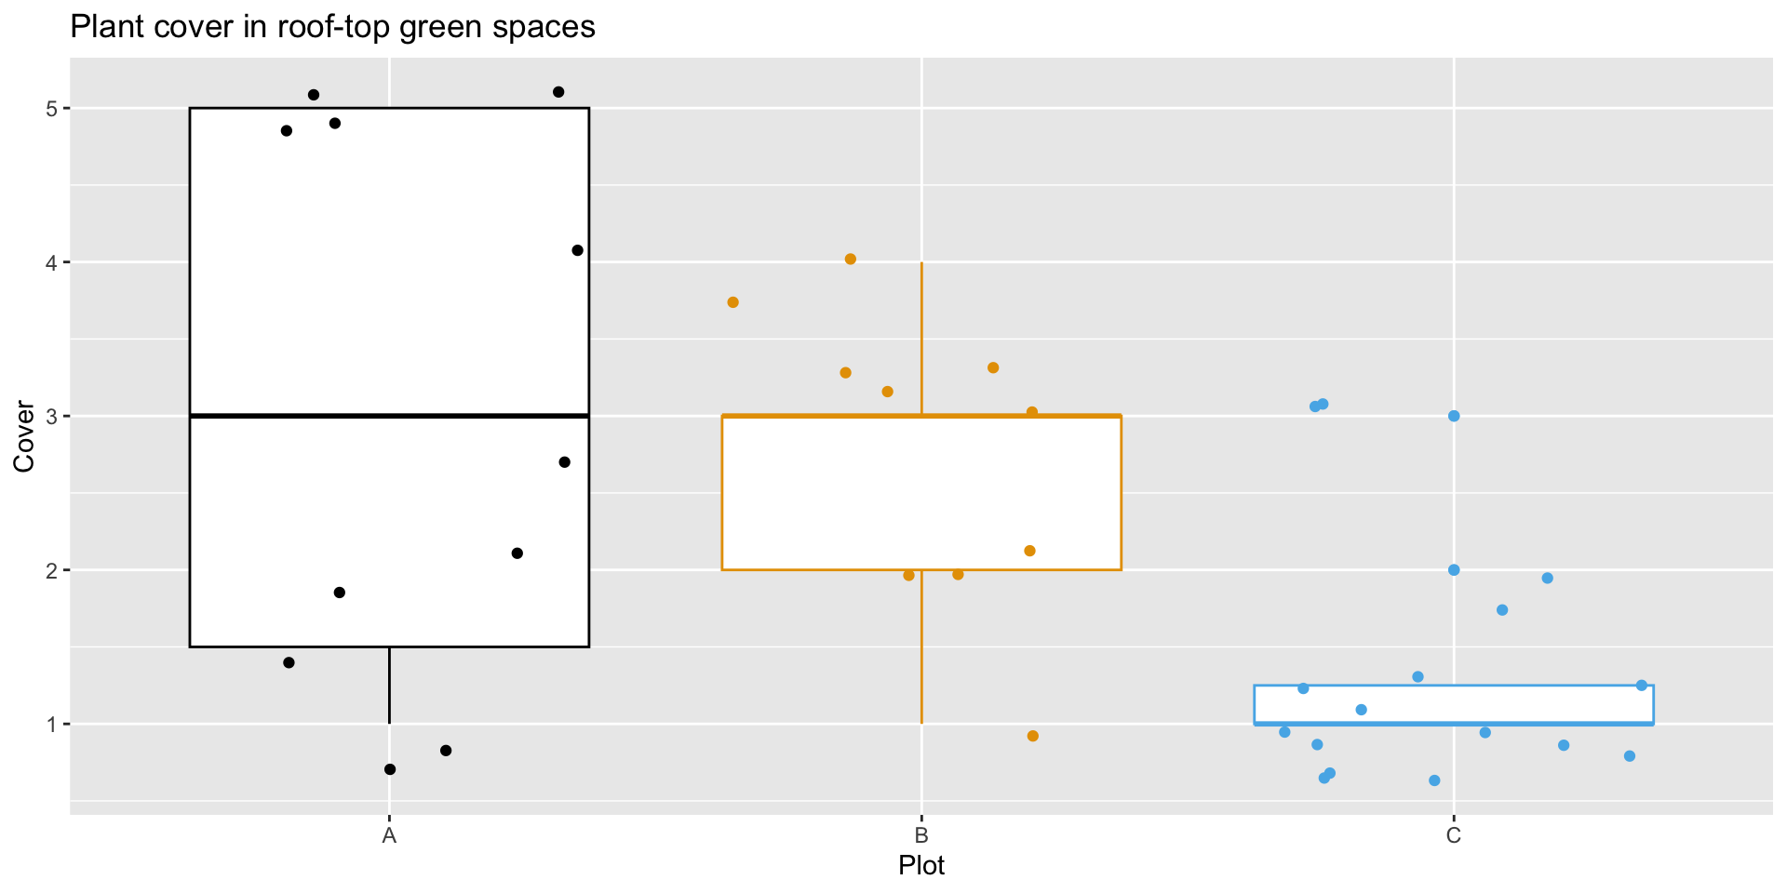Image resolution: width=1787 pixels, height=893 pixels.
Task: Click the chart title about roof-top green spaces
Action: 332,27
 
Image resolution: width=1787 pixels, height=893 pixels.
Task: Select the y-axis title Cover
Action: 24,436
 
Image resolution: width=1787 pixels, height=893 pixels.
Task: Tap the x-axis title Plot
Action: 921,866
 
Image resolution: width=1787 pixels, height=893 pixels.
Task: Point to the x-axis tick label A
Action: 389,835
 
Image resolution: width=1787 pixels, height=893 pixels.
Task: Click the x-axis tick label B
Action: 921,835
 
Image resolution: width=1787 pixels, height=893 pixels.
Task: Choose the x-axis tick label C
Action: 1454,835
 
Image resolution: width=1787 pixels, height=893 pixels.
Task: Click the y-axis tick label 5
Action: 52,109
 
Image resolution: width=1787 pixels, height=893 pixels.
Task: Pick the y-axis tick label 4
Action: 52,262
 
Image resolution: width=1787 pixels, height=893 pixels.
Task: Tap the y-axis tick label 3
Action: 52,416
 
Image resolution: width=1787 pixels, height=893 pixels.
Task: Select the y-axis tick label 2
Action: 52,570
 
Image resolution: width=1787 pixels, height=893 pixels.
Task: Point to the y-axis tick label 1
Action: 52,724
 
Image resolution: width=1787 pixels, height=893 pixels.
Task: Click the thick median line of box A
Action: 389,416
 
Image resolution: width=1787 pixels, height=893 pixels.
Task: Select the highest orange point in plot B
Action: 850,259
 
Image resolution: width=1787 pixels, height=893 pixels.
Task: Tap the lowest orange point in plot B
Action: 1032,736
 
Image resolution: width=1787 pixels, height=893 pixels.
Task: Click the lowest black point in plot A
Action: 390,769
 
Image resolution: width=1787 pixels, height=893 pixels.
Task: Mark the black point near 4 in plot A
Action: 577,250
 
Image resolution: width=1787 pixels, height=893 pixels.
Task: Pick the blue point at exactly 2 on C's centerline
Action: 1454,570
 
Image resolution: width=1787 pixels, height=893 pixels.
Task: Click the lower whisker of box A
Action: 389,686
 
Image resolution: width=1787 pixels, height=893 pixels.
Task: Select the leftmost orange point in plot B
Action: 732,302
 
